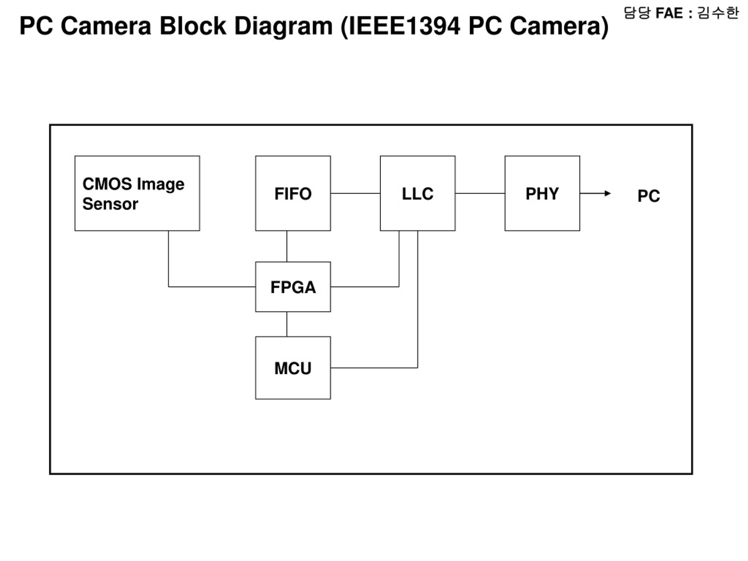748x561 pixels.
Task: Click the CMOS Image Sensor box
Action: (137, 193)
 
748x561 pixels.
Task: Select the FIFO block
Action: (293, 193)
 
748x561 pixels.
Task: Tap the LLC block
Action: (418, 193)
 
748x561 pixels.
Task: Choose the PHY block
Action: (542, 193)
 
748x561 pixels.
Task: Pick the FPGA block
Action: (293, 287)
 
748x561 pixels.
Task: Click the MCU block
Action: (293, 368)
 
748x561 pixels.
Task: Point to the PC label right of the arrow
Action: (649, 196)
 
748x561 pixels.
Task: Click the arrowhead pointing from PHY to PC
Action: (608, 193)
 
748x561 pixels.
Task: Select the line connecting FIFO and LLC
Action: (355, 193)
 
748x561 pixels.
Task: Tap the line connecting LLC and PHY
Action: (480, 193)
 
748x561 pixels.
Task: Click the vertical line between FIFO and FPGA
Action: (287, 246)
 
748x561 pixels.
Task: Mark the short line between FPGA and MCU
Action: (287, 324)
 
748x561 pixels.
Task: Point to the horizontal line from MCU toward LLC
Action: (374, 368)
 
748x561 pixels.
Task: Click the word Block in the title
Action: (193, 26)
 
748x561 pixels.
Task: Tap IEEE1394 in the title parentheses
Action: (404, 26)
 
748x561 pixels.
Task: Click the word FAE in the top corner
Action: (669, 13)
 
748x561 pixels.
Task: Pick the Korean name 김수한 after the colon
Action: (718, 13)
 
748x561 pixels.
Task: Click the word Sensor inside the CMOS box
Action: (110, 204)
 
